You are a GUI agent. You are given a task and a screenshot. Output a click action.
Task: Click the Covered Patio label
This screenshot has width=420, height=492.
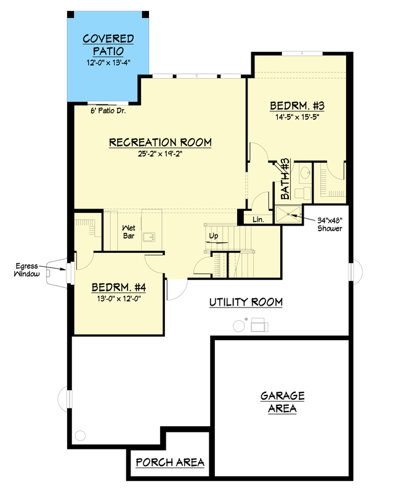(108, 45)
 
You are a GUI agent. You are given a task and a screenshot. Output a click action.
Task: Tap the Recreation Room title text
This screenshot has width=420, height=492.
(160, 143)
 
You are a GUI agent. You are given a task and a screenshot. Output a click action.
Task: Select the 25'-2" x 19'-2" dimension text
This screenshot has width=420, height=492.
(160, 154)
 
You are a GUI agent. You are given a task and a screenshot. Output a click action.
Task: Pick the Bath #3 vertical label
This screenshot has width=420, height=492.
(285, 178)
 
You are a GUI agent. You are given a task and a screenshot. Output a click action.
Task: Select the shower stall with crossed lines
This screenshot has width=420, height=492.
(289, 213)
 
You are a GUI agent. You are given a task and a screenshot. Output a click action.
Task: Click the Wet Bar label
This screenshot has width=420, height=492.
(128, 231)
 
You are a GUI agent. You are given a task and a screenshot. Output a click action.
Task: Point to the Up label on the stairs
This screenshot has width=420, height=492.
(214, 236)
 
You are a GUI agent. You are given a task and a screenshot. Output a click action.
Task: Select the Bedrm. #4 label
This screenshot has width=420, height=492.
(118, 287)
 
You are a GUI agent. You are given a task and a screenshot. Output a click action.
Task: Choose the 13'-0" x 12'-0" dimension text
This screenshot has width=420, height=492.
(118, 299)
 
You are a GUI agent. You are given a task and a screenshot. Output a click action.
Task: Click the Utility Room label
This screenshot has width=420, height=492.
(245, 302)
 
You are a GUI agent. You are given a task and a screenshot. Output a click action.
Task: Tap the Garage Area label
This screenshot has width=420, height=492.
(281, 402)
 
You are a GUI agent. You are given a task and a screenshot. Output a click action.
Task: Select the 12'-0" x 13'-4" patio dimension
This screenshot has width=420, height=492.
(108, 63)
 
